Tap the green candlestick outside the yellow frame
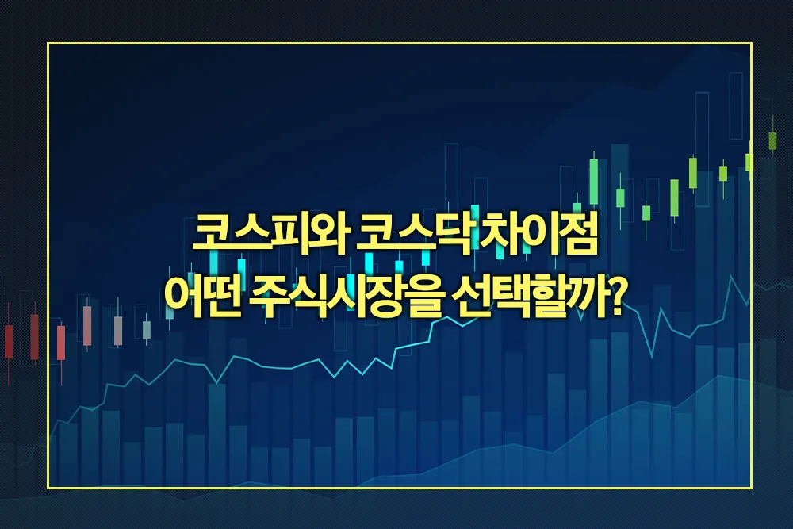772,140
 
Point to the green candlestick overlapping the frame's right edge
749,161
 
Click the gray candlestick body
118,331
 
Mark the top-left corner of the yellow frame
48,44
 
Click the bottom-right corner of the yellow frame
752,488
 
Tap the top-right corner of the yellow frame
752,44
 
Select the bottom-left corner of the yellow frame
48,488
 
